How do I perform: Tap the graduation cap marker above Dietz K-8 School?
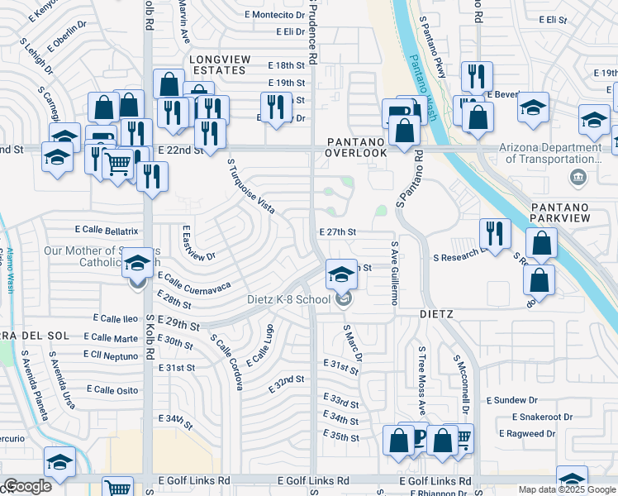pos(341,274)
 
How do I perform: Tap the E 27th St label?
pos(337,232)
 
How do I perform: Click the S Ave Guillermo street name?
pos(395,273)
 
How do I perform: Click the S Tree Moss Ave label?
pos(421,380)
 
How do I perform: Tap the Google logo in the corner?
pos(27,486)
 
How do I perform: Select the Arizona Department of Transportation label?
pos(550,153)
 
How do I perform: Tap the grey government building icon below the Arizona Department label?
pos(578,175)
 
